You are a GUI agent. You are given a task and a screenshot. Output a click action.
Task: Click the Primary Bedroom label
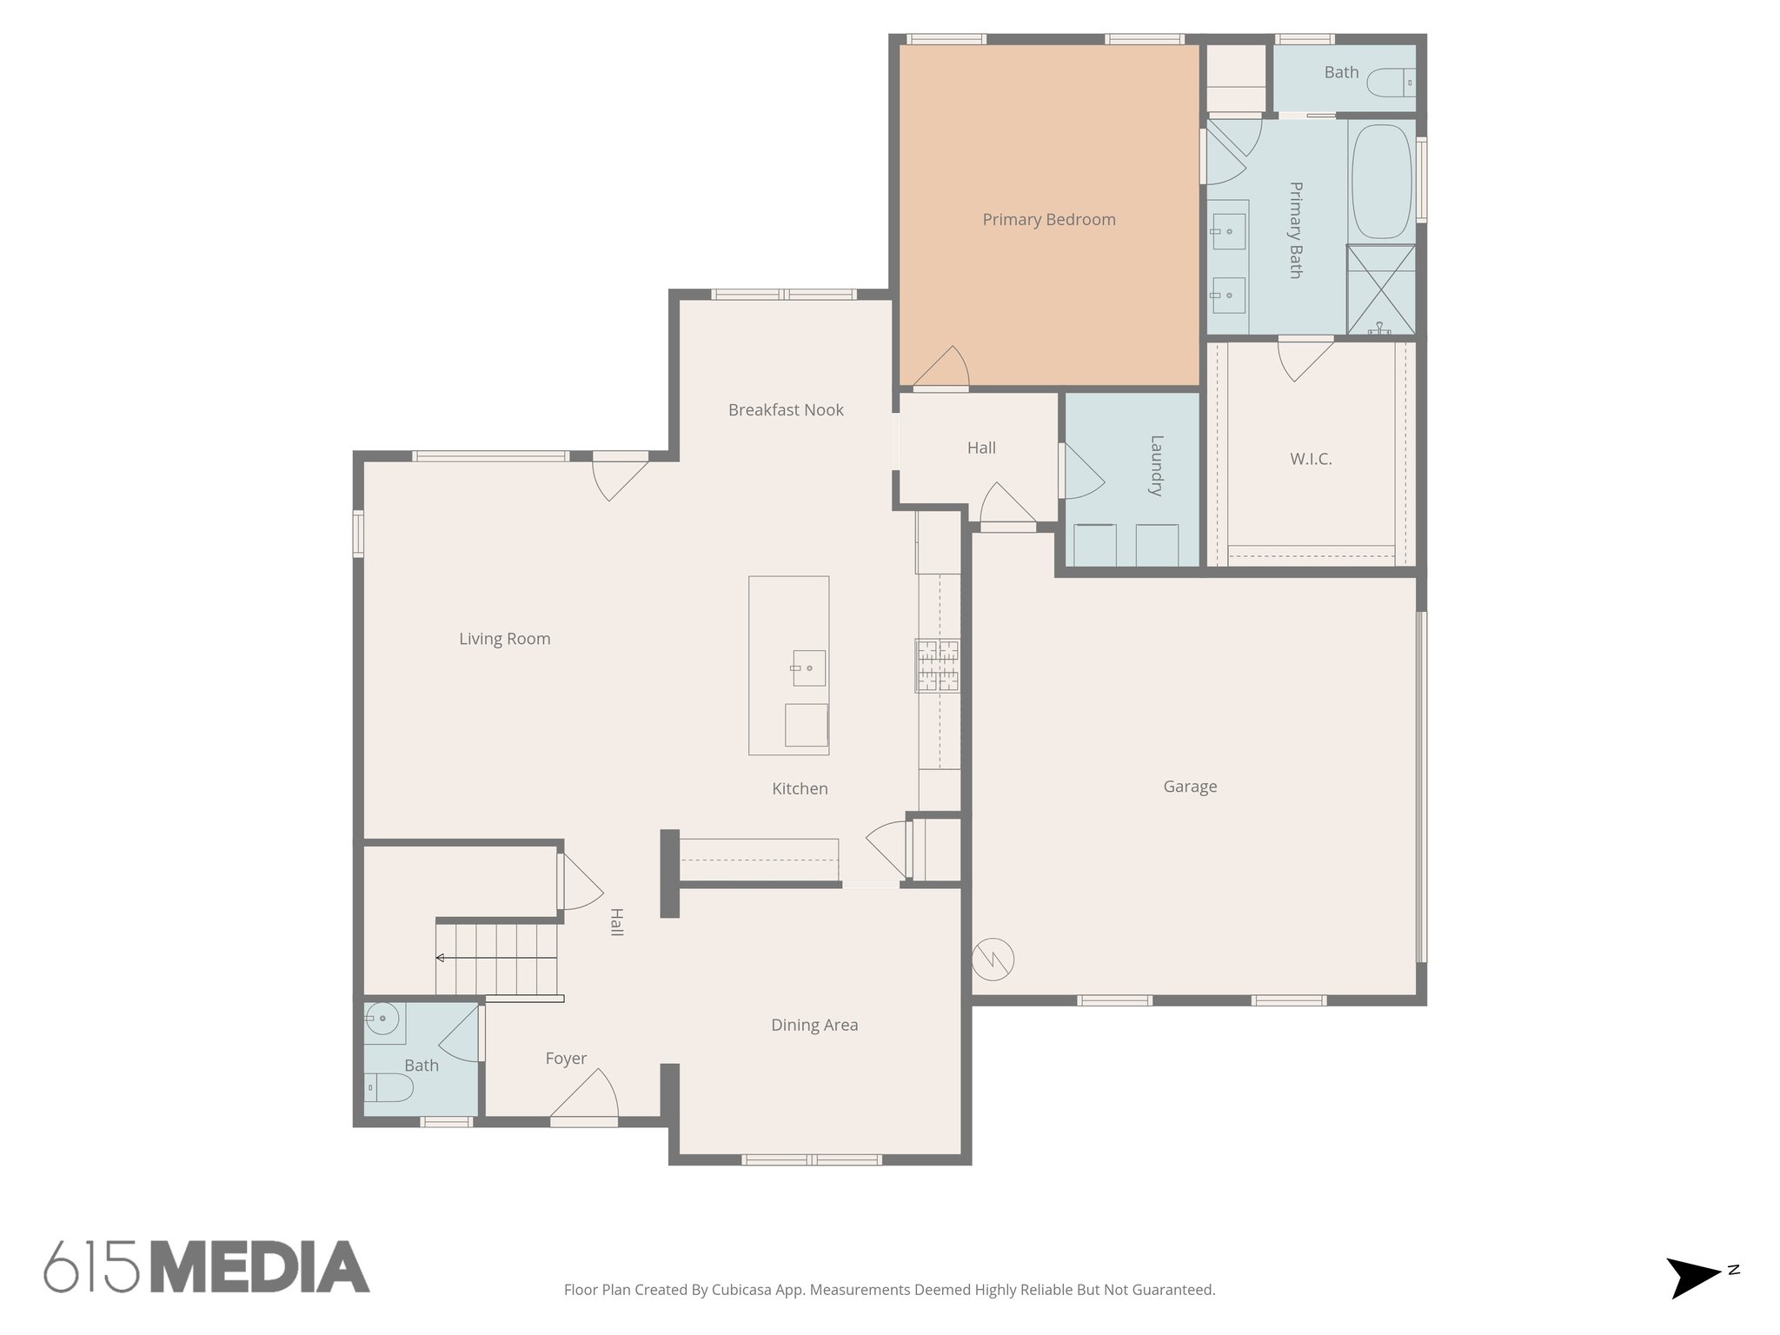1048,220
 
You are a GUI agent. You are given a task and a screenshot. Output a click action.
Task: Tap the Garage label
1189,787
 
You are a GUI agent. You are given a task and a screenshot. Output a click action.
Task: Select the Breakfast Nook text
786,410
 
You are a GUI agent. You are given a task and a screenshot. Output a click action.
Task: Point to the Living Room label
504,639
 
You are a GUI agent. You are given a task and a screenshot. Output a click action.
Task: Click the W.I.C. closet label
1311,459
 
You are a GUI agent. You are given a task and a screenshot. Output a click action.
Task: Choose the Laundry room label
1155,465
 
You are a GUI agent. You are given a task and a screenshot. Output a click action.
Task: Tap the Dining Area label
814,1026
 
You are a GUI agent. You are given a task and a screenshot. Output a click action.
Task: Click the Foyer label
566,1059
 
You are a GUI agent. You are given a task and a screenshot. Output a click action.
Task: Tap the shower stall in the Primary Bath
1380,289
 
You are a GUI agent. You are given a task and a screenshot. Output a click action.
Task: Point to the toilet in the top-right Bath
1391,84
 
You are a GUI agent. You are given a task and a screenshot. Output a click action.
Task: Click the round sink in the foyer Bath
382,1018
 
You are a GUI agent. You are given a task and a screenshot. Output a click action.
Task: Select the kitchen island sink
808,668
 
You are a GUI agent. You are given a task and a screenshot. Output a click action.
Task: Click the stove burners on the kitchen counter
937,666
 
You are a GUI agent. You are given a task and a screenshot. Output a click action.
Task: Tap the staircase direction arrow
442,958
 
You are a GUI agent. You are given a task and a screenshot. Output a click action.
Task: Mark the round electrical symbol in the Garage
993,960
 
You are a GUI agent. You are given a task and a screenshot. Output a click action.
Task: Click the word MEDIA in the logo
260,1268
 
